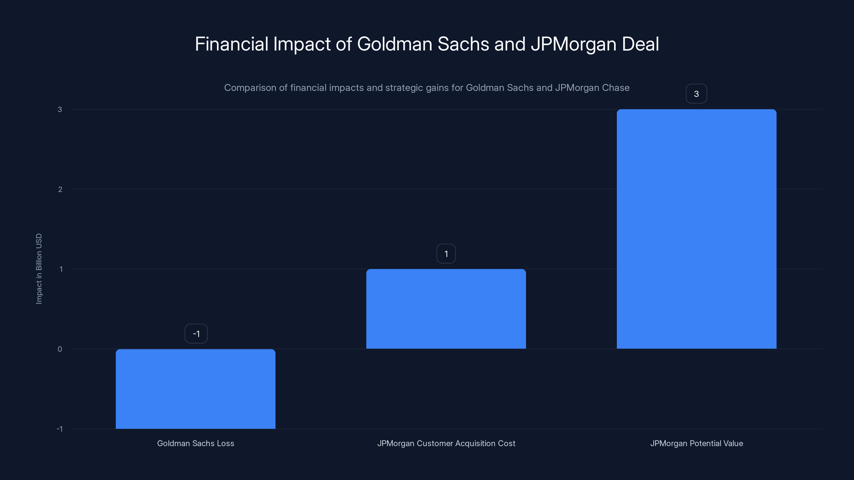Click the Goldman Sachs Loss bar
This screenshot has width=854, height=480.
pos(195,389)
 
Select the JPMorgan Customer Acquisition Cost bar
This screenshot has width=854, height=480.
pos(446,309)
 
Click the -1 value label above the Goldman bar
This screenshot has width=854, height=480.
pos(196,334)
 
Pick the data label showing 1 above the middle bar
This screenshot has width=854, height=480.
pos(446,254)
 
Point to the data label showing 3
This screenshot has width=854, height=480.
pos(696,94)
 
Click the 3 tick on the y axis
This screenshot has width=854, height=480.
pos(60,109)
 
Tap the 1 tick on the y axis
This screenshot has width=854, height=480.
pos(61,269)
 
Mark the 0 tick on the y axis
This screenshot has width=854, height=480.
pos(60,349)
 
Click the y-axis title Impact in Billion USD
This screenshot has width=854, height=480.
pos(39,269)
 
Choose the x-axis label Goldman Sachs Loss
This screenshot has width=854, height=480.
pos(196,443)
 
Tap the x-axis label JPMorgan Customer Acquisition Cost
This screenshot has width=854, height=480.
pos(446,443)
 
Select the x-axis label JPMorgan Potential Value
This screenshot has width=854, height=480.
pos(697,443)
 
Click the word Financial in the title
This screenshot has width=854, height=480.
pos(231,44)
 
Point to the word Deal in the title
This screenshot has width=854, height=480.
pos(640,44)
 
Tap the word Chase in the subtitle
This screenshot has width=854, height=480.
pos(617,88)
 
